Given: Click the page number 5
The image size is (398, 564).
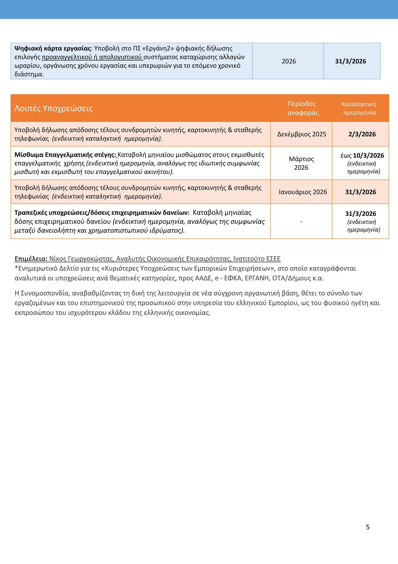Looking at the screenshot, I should [x=368, y=527].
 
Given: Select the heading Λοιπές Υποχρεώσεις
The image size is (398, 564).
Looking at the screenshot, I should [x=53, y=109].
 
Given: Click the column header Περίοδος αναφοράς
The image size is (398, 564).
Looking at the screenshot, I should [x=301, y=108].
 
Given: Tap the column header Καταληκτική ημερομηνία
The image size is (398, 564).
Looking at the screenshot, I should [x=359, y=108].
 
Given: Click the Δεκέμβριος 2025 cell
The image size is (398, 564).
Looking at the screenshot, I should [x=301, y=134].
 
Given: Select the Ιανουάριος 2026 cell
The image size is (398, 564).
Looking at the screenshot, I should [x=303, y=192].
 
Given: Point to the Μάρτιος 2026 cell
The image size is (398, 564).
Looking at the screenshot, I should [x=301, y=163].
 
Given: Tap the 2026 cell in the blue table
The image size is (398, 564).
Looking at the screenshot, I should [x=289, y=61].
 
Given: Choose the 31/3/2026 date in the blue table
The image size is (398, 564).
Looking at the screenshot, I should [x=350, y=61].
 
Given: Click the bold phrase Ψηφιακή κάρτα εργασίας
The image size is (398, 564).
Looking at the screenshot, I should [x=53, y=48].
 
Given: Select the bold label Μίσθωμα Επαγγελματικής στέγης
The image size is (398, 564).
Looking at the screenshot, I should [x=65, y=155].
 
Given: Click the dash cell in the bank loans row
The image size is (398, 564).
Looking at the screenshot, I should [x=301, y=221].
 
